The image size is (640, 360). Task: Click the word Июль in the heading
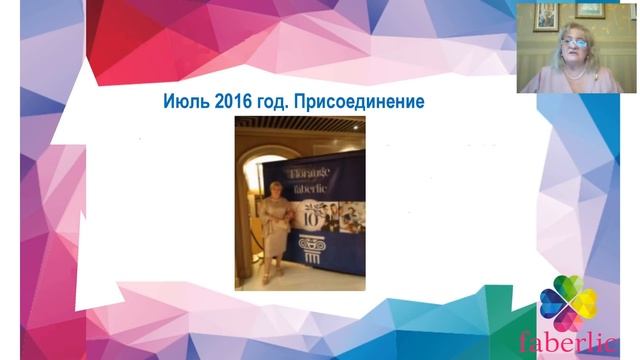click(185, 101)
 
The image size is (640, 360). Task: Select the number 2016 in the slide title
click(235, 101)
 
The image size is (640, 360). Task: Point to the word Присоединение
click(362, 101)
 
